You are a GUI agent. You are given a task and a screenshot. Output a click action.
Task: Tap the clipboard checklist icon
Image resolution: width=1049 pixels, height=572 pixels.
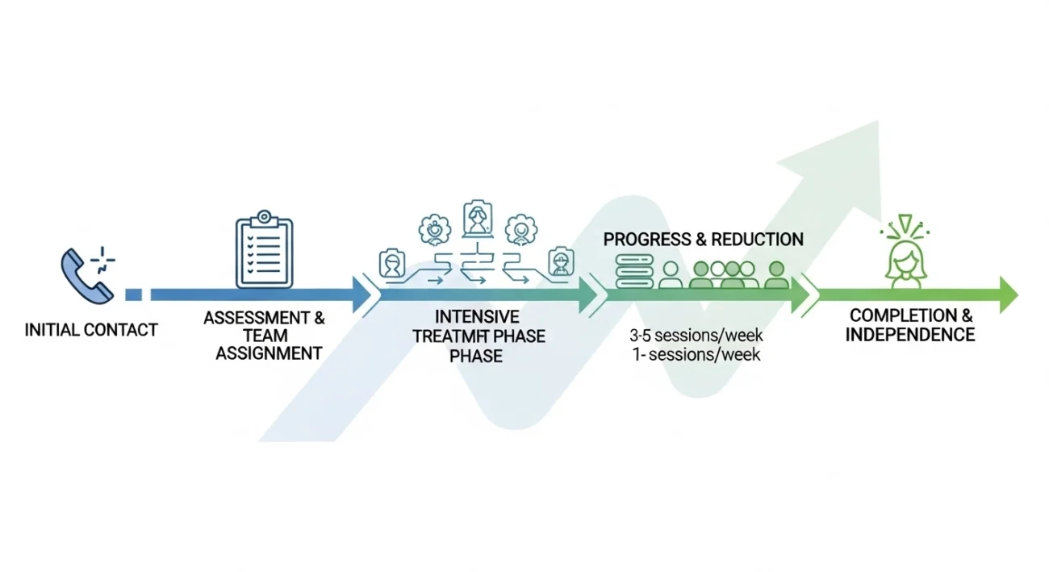264,253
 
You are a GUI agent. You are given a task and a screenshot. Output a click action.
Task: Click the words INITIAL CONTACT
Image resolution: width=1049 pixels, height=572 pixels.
91,329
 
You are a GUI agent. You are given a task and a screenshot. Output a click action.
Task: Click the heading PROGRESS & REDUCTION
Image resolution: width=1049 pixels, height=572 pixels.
703,240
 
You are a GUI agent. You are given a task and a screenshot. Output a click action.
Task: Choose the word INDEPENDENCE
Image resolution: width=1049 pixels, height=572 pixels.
910,335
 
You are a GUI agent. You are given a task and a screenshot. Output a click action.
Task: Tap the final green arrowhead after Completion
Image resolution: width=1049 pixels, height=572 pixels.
1009,294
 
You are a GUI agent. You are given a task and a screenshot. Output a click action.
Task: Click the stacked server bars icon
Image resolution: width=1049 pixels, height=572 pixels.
633,272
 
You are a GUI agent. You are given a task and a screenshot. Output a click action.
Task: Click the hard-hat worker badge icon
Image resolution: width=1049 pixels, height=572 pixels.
560,262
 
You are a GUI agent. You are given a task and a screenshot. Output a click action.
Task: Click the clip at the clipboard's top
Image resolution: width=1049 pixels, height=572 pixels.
264,219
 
